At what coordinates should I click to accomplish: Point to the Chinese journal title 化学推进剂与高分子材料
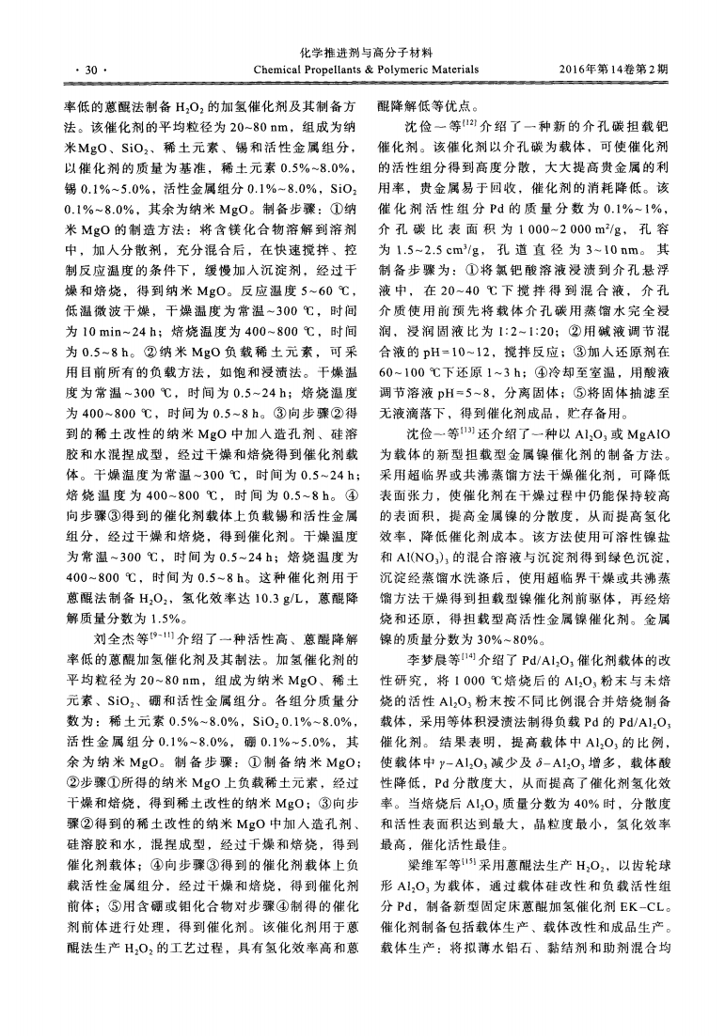pos(361,54)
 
